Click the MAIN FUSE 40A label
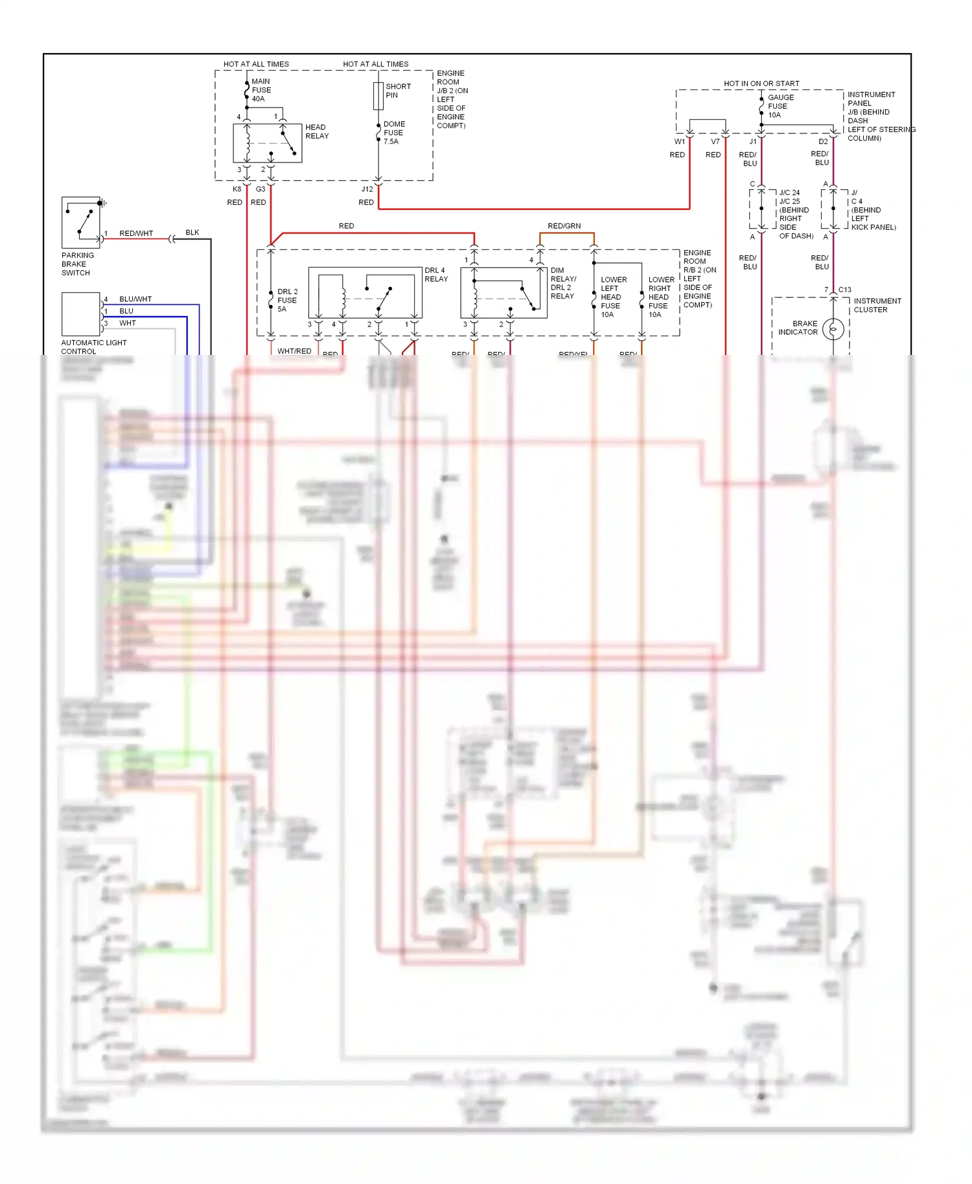click(x=261, y=90)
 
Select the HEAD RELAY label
click(x=317, y=131)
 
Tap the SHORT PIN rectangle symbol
click(x=378, y=96)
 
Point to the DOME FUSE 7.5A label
click(x=394, y=133)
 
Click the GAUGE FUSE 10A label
click(x=780, y=106)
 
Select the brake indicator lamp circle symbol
click(x=833, y=329)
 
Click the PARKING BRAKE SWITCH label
click(x=77, y=264)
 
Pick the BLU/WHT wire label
click(x=135, y=299)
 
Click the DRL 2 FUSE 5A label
click(x=287, y=301)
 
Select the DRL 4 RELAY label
click(x=435, y=275)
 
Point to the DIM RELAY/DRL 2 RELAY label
click(x=562, y=283)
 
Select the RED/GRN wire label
click(x=564, y=226)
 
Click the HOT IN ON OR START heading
click(x=761, y=84)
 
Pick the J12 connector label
click(x=367, y=189)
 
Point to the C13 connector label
click(x=844, y=290)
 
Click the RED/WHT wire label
click(x=136, y=233)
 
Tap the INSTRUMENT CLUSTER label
click(x=877, y=305)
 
